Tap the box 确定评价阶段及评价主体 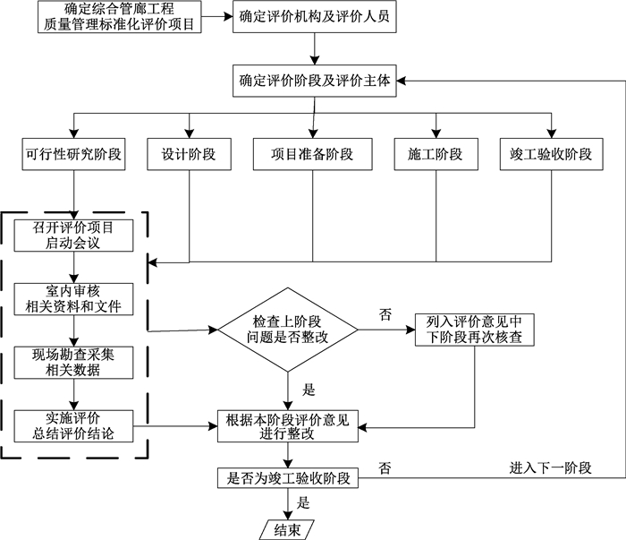click(x=313, y=81)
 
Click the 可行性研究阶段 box click(x=74, y=154)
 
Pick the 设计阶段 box click(x=189, y=154)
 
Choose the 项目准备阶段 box click(x=313, y=154)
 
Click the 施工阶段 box click(x=436, y=154)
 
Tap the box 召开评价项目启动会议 click(x=74, y=234)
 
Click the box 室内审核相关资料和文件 click(x=74, y=300)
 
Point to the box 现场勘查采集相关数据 click(x=74, y=362)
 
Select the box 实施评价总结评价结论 click(x=74, y=425)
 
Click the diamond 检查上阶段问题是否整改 click(x=287, y=330)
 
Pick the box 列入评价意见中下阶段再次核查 click(x=473, y=330)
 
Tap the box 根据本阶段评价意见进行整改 click(x=288, y=425)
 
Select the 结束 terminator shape click(x=287, y=528)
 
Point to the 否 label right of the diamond click(x=385, y=314)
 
